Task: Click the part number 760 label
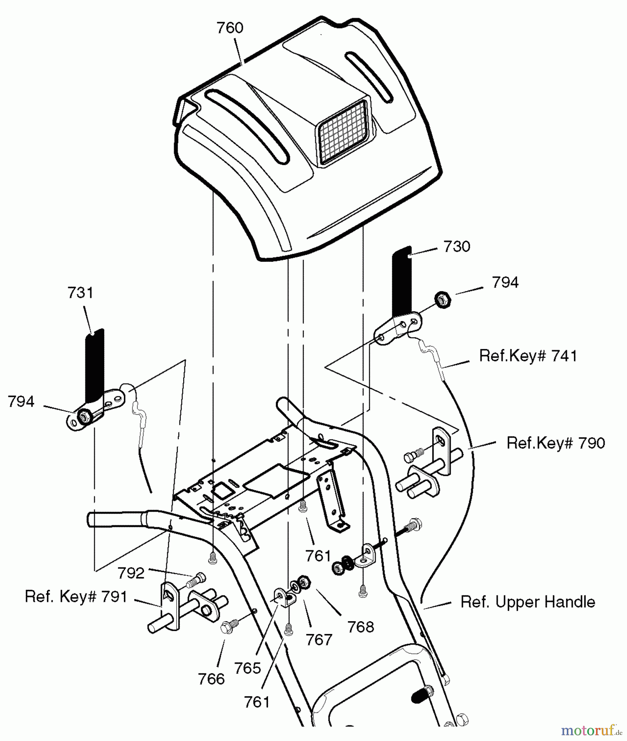click(x=230, y=28)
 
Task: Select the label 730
click(x=457, y=247)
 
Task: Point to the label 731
click(x=81, y=293)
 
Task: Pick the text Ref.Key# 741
click(x=528, y=356)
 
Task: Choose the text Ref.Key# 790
click(x=556, y=443)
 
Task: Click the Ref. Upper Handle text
click(x=528, y=602)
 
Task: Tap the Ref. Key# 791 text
click(x=76, y=597)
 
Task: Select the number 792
click(x=131, y=573)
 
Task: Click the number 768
click(x=361, y=627)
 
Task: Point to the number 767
click(x=319, y=640)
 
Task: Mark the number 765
click(x=248, y=668)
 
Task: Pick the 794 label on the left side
click(x=21, y=401)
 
